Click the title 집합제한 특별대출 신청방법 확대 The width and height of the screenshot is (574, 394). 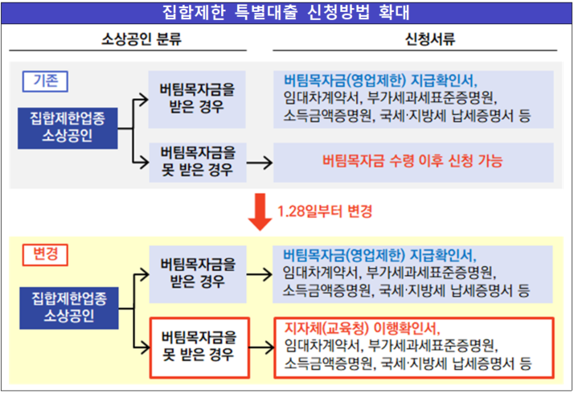(x=287, y=11)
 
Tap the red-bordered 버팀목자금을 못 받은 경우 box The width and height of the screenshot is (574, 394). (x=198, y=346)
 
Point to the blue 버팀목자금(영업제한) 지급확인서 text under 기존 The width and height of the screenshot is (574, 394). (x=379, y=81)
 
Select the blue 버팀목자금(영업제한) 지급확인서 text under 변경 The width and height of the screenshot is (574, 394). (x=379, y=256)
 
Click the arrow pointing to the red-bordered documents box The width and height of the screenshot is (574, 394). (x=260, y=347)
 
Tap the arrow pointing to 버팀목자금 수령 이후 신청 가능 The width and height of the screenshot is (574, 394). (x=259, y=162)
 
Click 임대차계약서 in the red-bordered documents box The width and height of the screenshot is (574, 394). (x=319, y=346)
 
